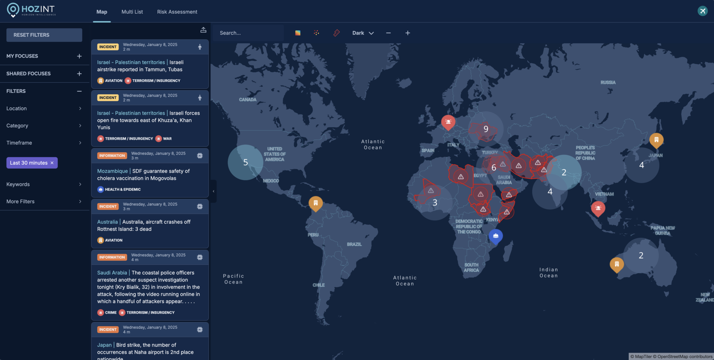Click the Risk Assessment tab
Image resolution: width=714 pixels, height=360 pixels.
point(177,12)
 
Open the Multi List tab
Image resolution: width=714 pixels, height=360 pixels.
point(132,12)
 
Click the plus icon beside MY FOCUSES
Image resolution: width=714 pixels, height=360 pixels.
point(79,56)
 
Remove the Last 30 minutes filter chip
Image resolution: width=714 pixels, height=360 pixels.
point(52,163)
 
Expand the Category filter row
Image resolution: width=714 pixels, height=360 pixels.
point(44,126)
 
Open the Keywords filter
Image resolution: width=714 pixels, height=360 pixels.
point(44,184)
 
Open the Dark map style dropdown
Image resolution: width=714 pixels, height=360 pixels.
point(363,33)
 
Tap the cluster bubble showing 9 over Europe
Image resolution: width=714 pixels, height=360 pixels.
point(486,129)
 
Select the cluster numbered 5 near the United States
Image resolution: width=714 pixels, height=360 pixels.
point(245,162)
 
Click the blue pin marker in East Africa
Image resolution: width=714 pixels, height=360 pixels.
point(495,236)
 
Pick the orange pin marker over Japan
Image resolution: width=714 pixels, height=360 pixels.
point(656,140)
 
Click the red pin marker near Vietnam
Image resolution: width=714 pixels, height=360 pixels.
point(598,208)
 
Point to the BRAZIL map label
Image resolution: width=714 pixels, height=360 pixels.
point(354,244)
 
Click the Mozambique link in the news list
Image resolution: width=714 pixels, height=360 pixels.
point(112,171)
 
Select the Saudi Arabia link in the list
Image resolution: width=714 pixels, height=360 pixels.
point(112,273)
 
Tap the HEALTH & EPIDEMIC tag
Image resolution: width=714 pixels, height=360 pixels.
point(122,189)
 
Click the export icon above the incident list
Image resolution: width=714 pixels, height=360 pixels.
point(203,30)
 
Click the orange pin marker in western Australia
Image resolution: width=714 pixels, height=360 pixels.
point(616,264)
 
